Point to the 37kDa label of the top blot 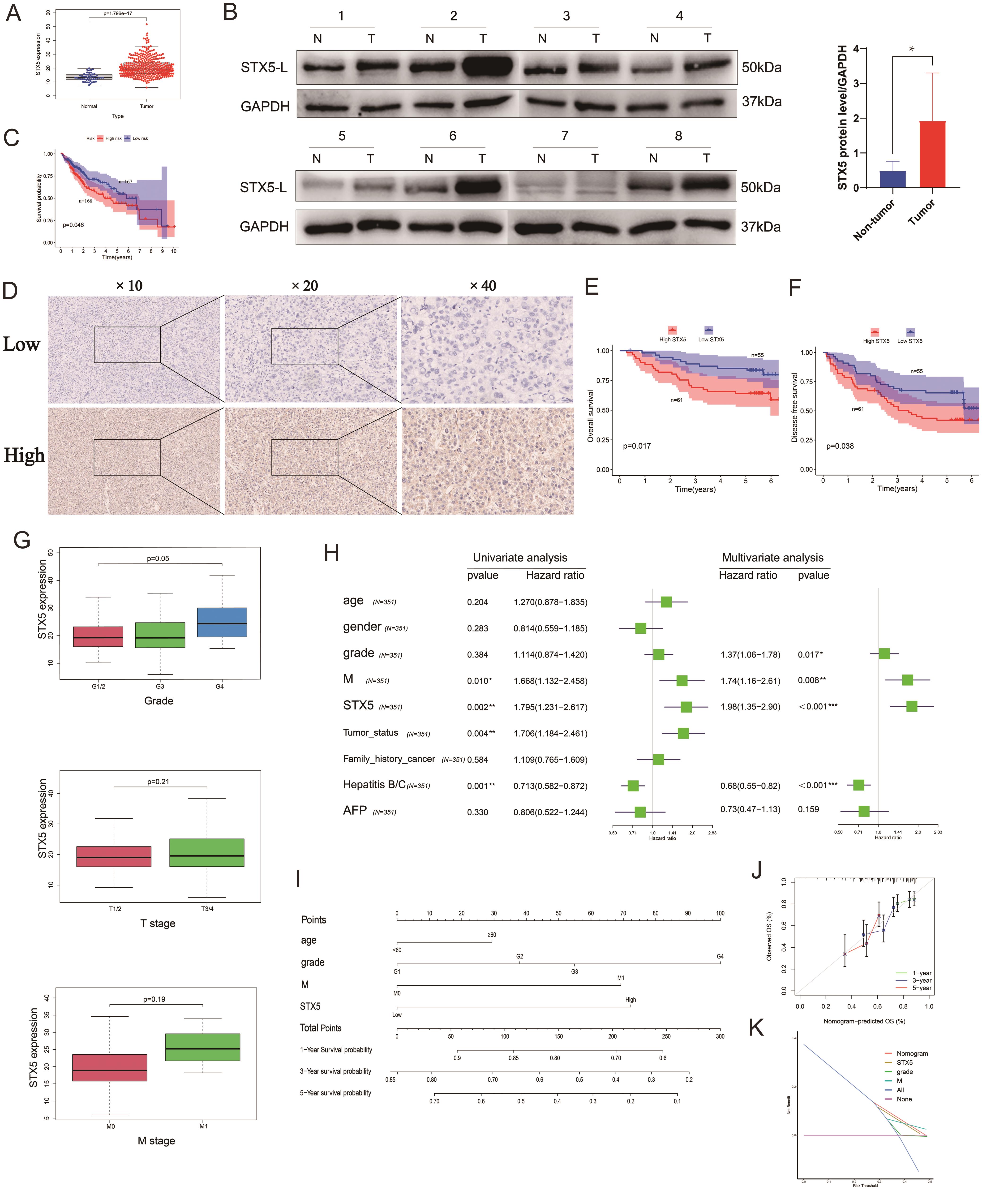click(x=761, y=102)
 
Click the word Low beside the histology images click(x=21, y=344)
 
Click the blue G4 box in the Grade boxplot click(x=222, y=622)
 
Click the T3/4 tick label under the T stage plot click(x=207, y=908)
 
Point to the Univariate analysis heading click(x=520, y=558)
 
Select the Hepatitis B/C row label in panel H click(x=374, y=784)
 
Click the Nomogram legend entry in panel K click(x=912, y=1053)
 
